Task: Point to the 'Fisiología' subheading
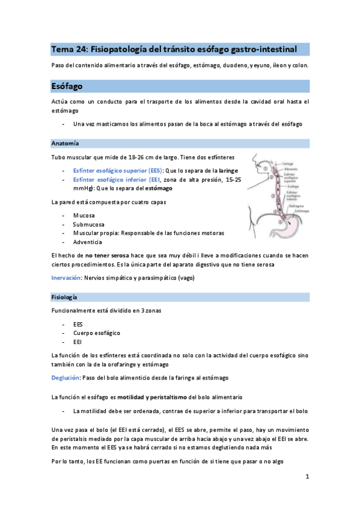(64, 297)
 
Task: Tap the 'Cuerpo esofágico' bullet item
(97, 333)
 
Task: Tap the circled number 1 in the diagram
(266, 170)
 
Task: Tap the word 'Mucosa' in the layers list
(84, 215)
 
